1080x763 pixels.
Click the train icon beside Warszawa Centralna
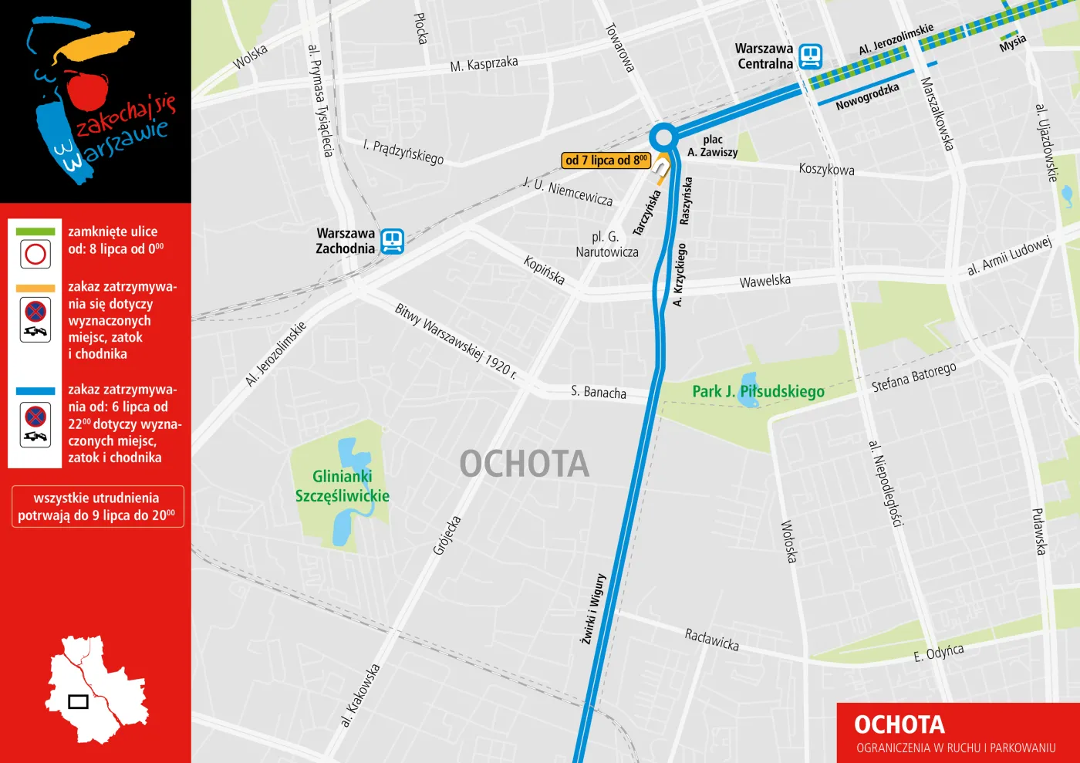tap(810, 56)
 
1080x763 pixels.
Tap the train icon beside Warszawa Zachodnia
tap(392, 241)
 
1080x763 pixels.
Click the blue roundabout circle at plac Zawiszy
tap(663, 138)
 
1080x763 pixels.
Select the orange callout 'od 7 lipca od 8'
tap(606, 160)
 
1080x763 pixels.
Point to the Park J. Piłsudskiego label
tap(758, 391)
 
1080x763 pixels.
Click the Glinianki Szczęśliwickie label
tap(342, 486)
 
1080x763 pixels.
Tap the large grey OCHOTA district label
tap(525, 464)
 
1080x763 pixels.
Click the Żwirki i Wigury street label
tap(593, 609)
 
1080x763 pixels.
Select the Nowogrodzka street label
tap(867, 97)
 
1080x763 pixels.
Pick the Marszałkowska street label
tap(937, 113)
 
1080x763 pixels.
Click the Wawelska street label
tap(764, 281)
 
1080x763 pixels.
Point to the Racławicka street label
tap(711, 639)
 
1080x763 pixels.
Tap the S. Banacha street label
tap(599, 392)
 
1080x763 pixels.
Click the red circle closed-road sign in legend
tap(35, 254)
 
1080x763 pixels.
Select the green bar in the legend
tap(35, 231)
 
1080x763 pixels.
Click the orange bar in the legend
tap(35, 288)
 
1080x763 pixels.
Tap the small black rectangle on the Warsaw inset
tap(79, 701)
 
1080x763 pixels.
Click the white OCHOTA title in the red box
tap(899, 724)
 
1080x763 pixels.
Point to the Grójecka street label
tap(447, 535)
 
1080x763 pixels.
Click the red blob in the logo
tap(86, 89)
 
